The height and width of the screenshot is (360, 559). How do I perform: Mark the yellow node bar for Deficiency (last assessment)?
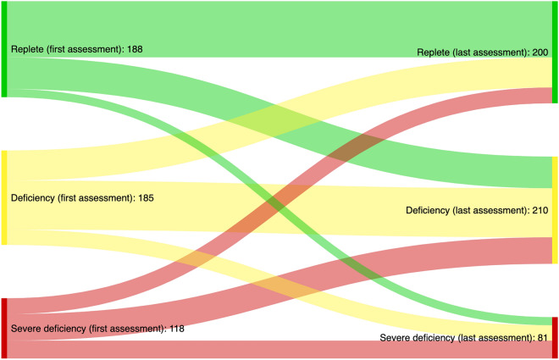coord(555,209)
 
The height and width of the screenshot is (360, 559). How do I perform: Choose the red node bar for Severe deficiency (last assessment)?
coord(555,337)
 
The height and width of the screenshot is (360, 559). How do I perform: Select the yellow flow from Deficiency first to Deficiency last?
coord(279,208)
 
